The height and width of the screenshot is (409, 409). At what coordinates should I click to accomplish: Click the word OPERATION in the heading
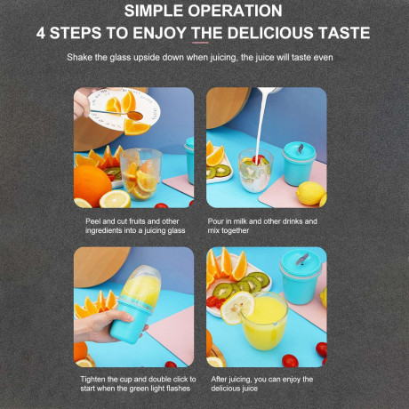235,11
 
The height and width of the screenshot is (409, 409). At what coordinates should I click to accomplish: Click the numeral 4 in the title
41,33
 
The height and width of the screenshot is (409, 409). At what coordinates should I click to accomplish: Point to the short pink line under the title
200,43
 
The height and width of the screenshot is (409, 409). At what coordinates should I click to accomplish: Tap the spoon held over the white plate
117,114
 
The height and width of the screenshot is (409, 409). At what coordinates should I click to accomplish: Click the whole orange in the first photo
92,186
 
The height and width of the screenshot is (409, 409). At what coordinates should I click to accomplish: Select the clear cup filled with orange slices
141,174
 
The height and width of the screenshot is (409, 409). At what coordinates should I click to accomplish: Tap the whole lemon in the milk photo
310,193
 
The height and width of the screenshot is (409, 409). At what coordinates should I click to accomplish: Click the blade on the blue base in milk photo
301,148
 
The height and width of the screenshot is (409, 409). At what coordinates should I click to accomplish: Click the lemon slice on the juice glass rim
237,308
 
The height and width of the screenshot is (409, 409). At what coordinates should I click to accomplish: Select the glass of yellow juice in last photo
264,322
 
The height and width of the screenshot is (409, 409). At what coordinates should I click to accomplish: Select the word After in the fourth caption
219,379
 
